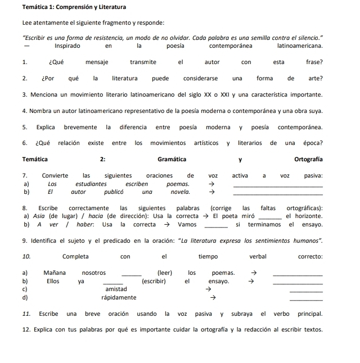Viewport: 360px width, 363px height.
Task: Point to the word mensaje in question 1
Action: tap(97, 62)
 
